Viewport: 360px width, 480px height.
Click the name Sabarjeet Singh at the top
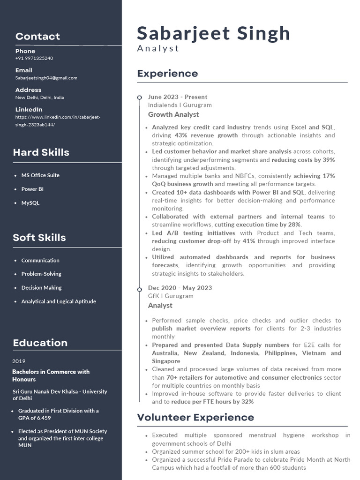(x=213, y=34)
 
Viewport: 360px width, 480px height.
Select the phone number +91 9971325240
(x=34, y=58)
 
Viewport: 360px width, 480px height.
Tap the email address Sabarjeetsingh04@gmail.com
(x=46, y=78)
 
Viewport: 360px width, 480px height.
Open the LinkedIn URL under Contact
(x=58, y=121)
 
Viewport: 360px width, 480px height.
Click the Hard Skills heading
(x=41, y=152)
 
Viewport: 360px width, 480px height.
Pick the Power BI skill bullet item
(x=32, y=189)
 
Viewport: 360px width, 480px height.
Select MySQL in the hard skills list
(x=30, y=203)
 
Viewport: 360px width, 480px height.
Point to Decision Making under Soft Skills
(x=41, y=287)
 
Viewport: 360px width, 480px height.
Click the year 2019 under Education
(x=19, y=361)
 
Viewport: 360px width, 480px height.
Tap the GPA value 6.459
(x=43, y=418)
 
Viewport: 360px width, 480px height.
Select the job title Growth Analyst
(x=173, y=114)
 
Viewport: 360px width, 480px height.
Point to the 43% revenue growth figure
(x=206, y=135)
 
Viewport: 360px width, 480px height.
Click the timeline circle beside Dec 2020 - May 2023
(x=139, y=290)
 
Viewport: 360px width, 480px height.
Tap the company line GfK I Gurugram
(x=171, y=296)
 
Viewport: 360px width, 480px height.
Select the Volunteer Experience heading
(x=195, y=417)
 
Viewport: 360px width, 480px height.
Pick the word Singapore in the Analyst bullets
(x=166, y=361)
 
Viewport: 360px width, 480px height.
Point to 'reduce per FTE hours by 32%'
(x=212, y=402)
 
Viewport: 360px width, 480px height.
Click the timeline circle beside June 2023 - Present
(x=139, y=97)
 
